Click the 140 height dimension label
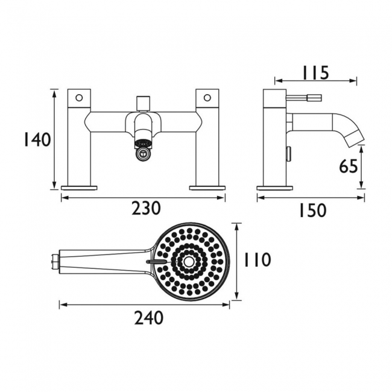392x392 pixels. (37, 139)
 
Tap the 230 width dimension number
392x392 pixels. (146, 208)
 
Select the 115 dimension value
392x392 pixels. (315, 72)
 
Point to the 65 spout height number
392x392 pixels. (349, 166)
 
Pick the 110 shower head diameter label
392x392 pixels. (258, 259)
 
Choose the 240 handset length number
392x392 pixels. (149, 318)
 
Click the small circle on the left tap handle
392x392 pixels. (79, 98)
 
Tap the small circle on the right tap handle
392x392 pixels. (207, 98)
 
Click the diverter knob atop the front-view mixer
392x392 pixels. (143, 104)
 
